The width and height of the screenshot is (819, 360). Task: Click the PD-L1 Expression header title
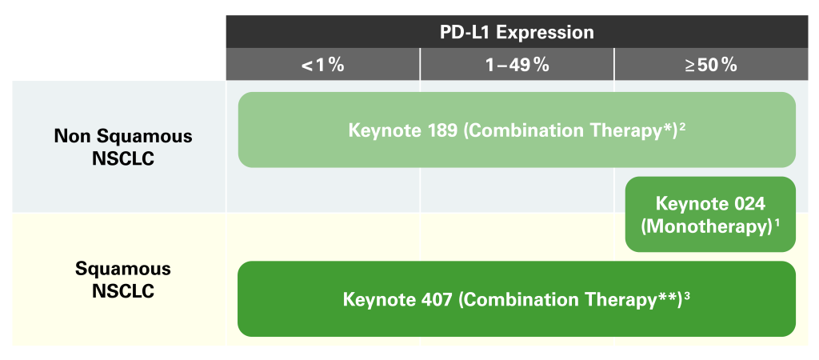(x=517, y=32)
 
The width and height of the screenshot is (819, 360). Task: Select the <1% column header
(x=323, y=66)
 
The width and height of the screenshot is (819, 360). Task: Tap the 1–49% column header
(x=517, y=66)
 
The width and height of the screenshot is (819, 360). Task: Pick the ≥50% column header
(x=711, y=66)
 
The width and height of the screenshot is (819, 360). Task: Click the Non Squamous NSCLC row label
(x=123, y=147)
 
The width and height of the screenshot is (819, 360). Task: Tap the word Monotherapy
(x=705, y=229)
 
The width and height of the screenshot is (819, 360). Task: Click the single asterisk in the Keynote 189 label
(x=666, y=126)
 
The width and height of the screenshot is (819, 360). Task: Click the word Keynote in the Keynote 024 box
(x=690, y=203)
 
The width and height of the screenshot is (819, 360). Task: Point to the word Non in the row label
(x=74, y=137)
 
